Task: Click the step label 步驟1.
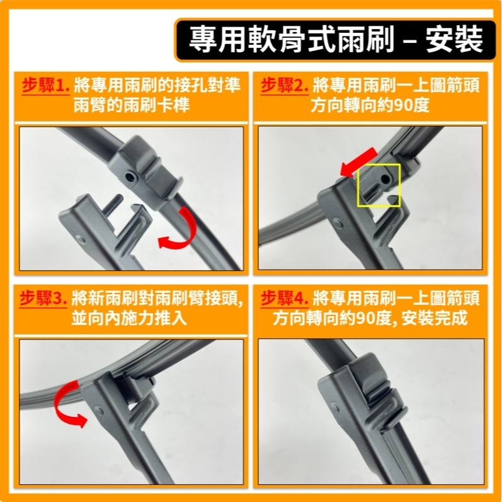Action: tap(45, 85)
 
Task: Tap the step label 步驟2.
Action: tap(285, 85)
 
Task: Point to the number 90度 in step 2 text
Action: tap(411, 105)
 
